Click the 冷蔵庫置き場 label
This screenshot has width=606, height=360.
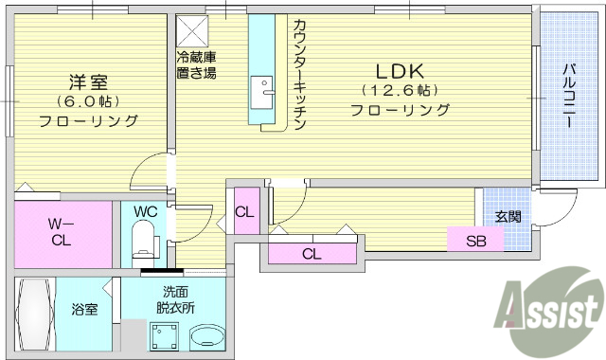click(x=195, y=64)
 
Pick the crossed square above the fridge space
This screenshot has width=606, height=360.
click(x=193, y=28)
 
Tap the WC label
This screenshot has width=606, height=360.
click(x=145, y=211)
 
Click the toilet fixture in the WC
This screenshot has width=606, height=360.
click(x=144, y=240)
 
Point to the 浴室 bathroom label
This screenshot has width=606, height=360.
click(x=85, y=308)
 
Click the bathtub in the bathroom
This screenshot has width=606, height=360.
click(x=35, y=313)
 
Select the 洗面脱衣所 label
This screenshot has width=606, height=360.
click(x=178, y=299)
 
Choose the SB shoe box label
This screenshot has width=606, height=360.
click(x=477, y=241)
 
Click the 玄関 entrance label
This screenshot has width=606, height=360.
click(x=508, y=215)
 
